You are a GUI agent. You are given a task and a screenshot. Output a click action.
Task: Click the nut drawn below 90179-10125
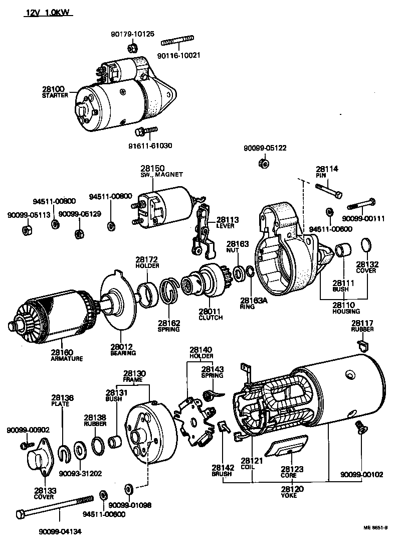(x=132, y=48)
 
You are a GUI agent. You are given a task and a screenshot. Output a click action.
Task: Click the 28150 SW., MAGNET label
(x=156, y=171)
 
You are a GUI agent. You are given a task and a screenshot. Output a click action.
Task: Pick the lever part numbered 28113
(x=203, y=228)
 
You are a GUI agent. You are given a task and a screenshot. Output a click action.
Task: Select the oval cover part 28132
(x=367, y=245)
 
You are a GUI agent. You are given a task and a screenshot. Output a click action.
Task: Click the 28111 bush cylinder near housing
(x=343, y=249)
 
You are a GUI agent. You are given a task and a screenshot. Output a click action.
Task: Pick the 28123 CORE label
(x=292, y=471)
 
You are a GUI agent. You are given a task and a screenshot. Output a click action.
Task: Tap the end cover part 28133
(x=41, y=458)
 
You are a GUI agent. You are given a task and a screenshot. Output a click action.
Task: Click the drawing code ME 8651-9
(x=376, y=528)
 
